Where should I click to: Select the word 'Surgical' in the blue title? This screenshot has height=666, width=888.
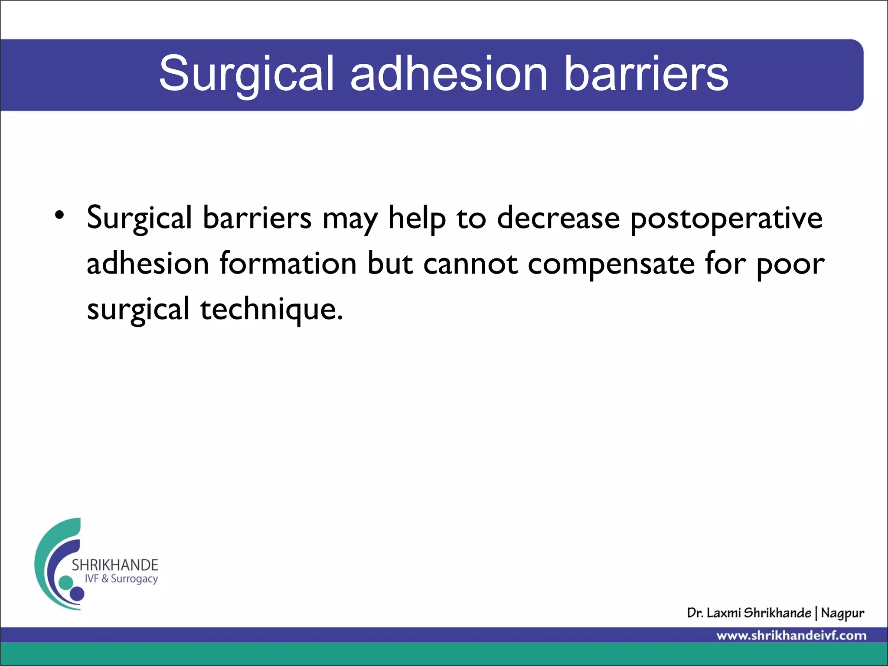coord(246,75)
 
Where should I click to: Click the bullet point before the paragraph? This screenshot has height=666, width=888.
coord(59,215)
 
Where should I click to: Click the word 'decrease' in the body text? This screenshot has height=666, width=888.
coord(558,218)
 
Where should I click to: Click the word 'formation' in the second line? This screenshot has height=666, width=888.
coord(288,264)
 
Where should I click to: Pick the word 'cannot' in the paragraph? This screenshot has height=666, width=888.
coord(470,264)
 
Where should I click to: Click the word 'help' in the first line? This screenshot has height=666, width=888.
coord(417,219)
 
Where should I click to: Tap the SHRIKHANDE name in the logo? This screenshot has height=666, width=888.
coord(115,565)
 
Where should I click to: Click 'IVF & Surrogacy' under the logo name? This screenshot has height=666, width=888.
coord(121,579)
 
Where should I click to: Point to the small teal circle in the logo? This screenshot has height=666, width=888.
coord(66,582)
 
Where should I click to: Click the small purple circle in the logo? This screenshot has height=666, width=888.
coord(77,594)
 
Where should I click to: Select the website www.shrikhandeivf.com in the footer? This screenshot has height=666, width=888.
coord(791,636)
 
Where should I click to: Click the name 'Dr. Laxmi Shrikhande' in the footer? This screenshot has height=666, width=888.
coord(749,613)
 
